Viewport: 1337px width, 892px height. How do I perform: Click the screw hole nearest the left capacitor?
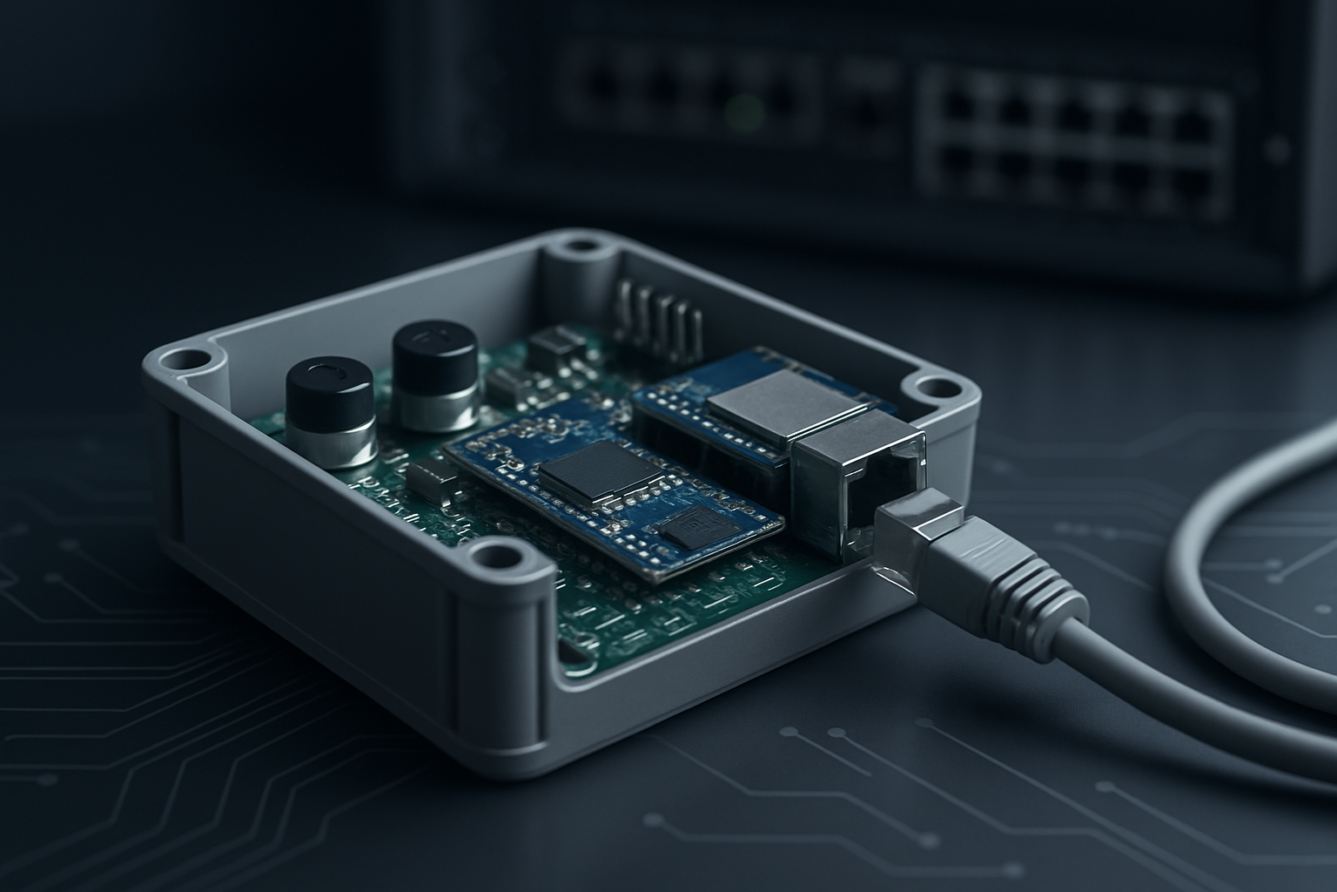[x=189, y=359]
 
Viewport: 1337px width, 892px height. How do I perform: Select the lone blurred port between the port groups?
[x=862, y=110]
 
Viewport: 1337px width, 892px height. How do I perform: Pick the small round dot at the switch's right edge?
[x=1277, y=149]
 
